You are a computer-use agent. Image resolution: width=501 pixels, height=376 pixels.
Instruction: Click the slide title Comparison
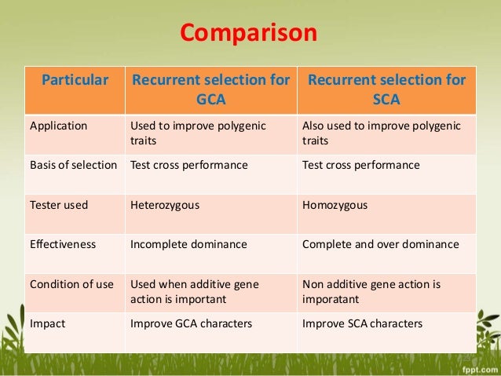coord(249,35)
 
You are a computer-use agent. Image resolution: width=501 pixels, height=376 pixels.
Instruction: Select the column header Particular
coord(75,81)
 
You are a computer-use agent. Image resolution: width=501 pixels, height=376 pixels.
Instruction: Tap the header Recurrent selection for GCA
coord(210,91)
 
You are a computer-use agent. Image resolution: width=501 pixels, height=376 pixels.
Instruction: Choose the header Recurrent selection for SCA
coord(386,91)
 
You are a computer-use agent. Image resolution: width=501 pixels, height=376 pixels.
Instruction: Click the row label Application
coord(58,125)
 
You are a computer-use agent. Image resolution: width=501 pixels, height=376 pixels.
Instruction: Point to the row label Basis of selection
coord(73,166)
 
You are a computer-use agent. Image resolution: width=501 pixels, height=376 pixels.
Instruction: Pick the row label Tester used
coord(59,205)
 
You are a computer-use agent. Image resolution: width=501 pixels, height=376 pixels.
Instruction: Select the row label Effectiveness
coord(63,244)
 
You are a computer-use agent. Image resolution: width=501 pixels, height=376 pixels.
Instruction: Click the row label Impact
coord(46,323)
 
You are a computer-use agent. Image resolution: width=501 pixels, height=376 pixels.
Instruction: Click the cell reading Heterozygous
coord(164,205)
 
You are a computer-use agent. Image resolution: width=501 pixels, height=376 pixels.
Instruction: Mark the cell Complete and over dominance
coord(380,244)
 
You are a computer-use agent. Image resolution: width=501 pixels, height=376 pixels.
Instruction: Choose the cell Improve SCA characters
coord(362,323)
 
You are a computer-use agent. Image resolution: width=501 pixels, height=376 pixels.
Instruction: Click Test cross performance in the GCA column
coord(188,166)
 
